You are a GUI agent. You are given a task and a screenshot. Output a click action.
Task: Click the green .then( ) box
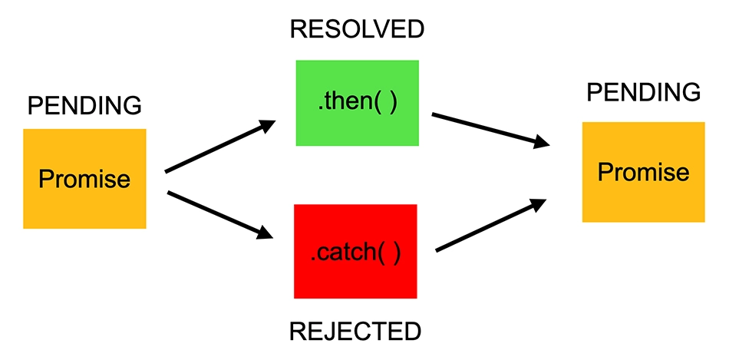(x=357, y=103)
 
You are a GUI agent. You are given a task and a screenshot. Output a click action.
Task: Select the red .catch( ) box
(x=355, y=251)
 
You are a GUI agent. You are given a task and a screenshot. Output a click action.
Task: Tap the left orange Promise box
(x=84, y=179)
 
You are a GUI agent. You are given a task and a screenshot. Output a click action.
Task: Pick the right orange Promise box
(x=644, y=172)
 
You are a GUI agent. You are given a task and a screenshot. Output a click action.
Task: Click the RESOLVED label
(x=357, y=30)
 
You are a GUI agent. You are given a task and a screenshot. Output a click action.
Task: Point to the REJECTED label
(x=355, y=332)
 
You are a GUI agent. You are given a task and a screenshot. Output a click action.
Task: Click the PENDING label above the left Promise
(x=84, y=106)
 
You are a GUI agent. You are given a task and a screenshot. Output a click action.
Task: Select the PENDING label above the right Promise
(x=644, y=93)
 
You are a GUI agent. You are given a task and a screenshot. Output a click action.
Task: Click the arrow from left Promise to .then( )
(x=220, y=146)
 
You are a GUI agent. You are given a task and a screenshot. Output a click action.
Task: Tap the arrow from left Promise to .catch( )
(x=219, y=215)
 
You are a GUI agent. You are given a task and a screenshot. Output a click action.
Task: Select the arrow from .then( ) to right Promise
(x=491, y=130)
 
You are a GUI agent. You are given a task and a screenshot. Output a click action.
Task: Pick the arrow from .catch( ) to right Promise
(x=491, y=226)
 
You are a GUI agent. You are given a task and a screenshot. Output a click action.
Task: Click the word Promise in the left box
(x=84, y=179)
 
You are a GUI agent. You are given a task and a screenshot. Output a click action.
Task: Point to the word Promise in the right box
(x=644, y=172)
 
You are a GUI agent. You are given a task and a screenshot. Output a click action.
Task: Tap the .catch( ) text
(x=355, y=253)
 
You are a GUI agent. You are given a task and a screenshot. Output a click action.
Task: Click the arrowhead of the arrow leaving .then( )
(x=541, y=142)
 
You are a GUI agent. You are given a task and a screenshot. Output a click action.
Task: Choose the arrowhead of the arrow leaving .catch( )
(x=537, y=205)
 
